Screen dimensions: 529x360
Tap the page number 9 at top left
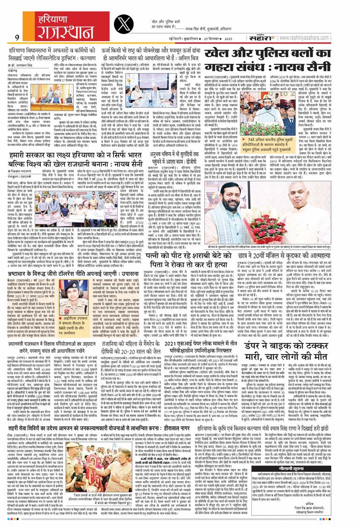click(16, 37)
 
